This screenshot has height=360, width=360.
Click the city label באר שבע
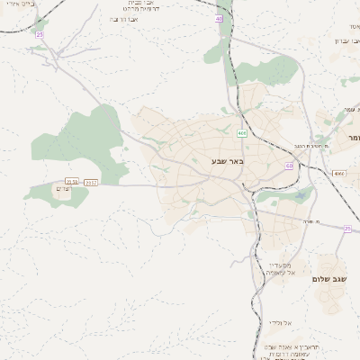click(227, 161)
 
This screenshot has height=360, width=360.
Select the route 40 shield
click(219, 18)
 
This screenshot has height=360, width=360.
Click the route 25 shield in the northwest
click(39, 33)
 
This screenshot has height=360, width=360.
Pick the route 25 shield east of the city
click(347, 229)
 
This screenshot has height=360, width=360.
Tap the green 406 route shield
click(242, 133)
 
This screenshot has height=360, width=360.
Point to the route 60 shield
click(289, 166)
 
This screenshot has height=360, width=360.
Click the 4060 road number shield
click(338, 173)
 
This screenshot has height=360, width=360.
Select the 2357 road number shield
click(91, 182)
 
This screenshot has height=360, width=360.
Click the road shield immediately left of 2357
click(72, 182)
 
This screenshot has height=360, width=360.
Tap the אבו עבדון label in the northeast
click(346, 40)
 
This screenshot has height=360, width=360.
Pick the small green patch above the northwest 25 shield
click(40, 22)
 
